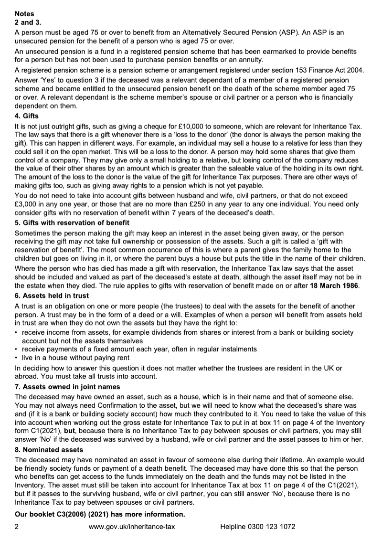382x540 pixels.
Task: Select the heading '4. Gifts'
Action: (x=27, y=116)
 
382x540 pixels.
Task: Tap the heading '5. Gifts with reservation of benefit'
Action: (x=72, y=223)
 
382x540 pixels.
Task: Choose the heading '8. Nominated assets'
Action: (x=49, y=450)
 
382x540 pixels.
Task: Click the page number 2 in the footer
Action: (x=17, y=527)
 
